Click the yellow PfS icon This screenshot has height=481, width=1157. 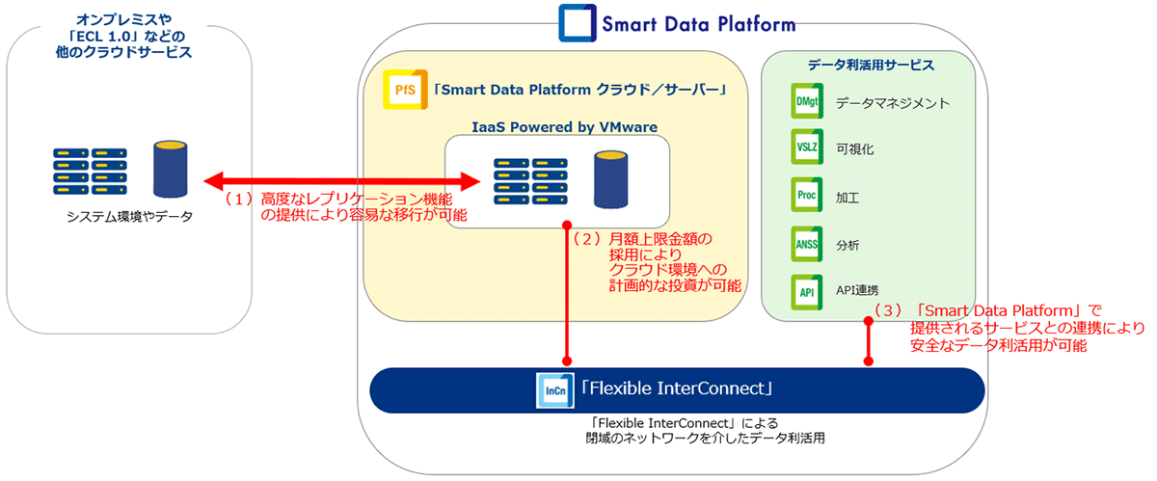pos(406,90)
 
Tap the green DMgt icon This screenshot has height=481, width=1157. pos(807,101)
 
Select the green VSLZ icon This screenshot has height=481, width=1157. pos(807,147)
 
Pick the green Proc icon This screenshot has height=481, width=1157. pos(807,195)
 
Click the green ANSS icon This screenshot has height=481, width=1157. pos(807,244)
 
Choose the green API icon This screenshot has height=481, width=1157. pos(807,292)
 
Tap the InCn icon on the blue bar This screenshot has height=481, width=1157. pos(554,390)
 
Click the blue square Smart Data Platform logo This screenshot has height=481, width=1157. pos(578,23)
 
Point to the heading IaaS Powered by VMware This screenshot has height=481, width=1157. pos(565,127)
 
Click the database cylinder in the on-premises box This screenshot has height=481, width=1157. pos(170,169)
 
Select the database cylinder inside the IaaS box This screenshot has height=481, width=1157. pos(610,179)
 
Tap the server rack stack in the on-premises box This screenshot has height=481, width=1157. pos(90,172)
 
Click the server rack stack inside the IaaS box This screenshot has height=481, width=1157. pos(530,181)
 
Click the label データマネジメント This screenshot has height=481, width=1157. pos(893,103)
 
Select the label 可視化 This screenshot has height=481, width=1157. pos(855,149)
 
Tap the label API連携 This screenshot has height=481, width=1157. pos(857,290)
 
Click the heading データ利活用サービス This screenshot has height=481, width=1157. pos(871,66)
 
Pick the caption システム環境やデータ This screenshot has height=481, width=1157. pos(129,217)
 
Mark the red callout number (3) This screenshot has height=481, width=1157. pos(887,310)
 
